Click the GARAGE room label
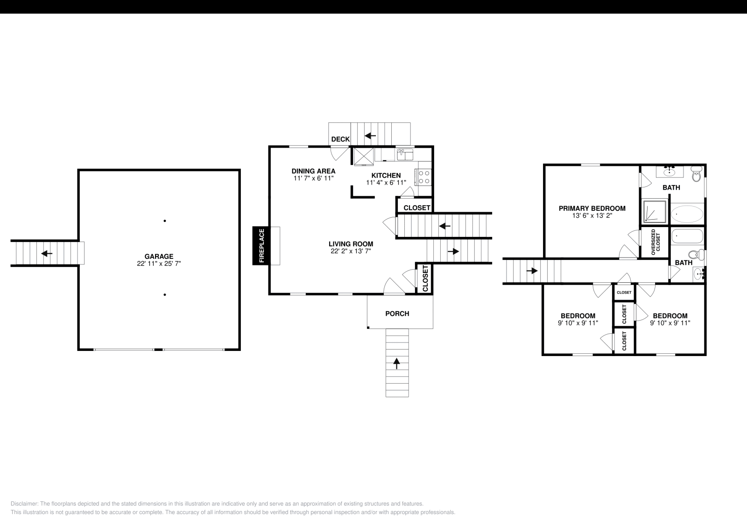pyautogui.click(x=159, y=256)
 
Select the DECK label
pyautogui.click(x=340, y=139)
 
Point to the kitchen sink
pyautogui.click(x=404, y=154)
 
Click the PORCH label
pyautogui.click(x=397, y=314)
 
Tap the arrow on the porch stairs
pyautogui.click(x=397, y=363)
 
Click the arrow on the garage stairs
pyautogui.click(x=47, y=253)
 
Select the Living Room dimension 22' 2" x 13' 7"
pyautogui.click(x=351, y=251)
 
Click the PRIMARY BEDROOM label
pyautogui.click(x=592, y=208)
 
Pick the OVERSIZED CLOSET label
pyautogui.click(x=655, y=241)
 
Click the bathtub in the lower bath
pyautogui.click(x=687, y=236)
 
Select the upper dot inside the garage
pyautogui.click(x=165, y=221)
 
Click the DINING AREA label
pyautogui.click(x=313, y=171)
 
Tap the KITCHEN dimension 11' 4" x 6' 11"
pyautogui.click(x=386, y=183)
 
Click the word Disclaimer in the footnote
pyautogui.click(x=24, y=504)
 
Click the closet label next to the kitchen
pyautogui.click(x=416, y=207)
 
